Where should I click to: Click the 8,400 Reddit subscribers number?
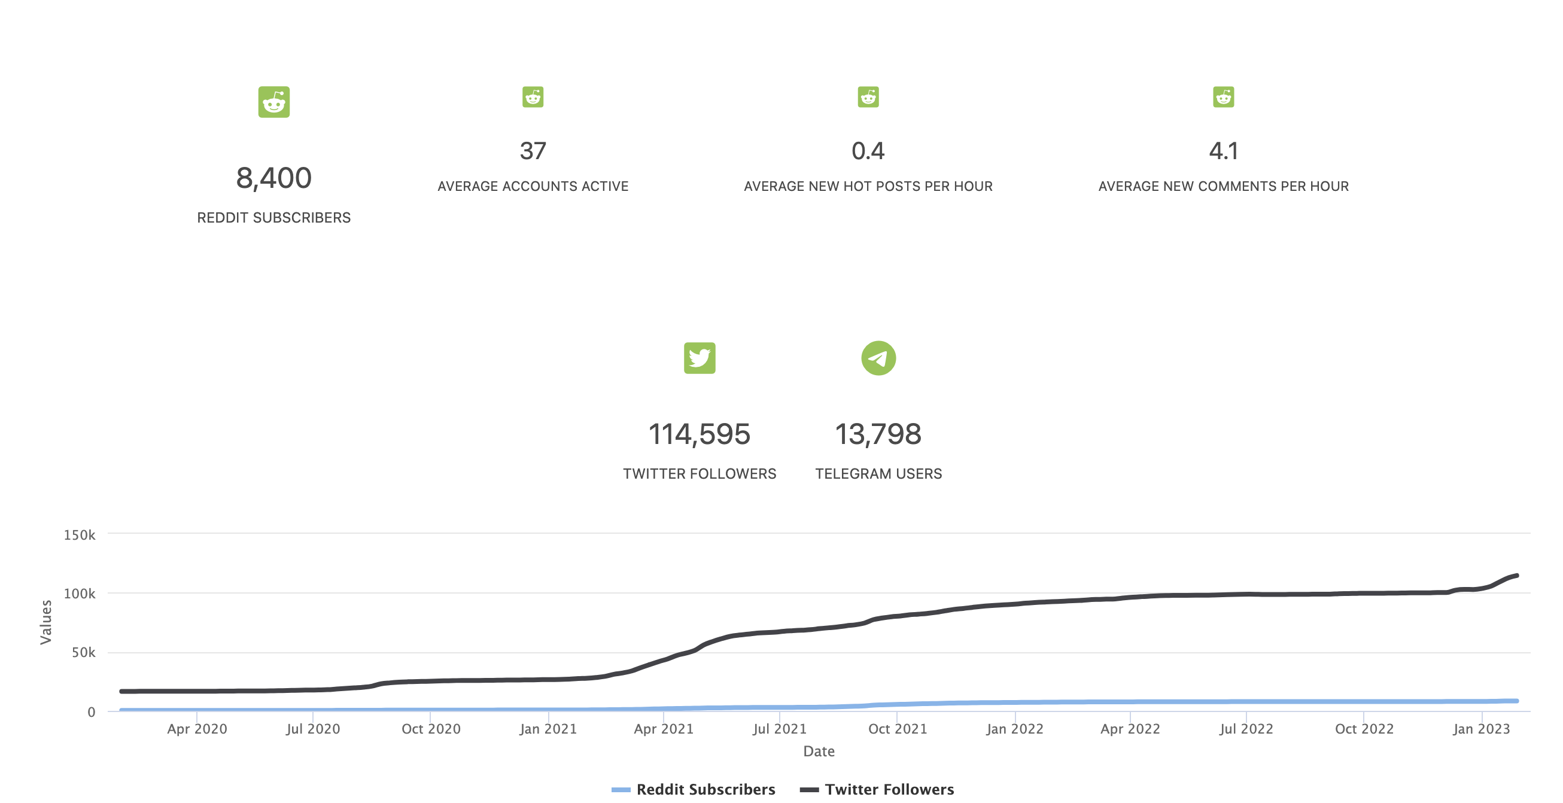point(273,178)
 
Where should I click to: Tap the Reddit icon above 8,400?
point(273,102)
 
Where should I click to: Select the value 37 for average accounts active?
point(533,151)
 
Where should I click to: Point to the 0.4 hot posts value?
point(868,151)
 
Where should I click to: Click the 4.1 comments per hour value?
point(1223,151)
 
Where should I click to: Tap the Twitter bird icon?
point(699,358)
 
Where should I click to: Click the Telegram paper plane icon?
point(878,358)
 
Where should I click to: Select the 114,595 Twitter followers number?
point(699,434)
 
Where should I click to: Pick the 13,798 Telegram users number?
point(878,434)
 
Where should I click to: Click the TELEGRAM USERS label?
point(878,474)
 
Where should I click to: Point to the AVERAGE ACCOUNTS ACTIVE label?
point(533,186)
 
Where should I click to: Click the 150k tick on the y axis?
point(80,535)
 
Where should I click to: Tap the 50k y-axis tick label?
point(83,653)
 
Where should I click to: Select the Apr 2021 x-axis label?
point(663,729)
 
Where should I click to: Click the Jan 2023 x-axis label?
point(1480,729)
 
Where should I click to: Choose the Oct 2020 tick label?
point(431,729)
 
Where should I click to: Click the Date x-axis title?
point(819,752)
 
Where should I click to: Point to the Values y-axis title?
point(45,622)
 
